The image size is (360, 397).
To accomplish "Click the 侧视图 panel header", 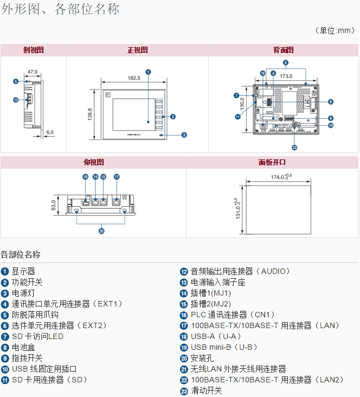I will point(33,50).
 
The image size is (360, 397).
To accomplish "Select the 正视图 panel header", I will point(137,50).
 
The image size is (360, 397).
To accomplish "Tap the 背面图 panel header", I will point(283,50).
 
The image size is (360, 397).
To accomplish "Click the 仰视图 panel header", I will point(93,162).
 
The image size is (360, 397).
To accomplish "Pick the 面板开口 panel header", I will point(272,162).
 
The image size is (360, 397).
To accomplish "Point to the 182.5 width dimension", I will point(134,78).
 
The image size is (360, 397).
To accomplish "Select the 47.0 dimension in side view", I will point(33,71).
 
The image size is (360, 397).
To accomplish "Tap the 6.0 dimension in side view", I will point(50,132).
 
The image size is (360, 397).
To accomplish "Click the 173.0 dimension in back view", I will point(287,76).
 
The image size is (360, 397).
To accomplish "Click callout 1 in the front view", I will point(148,72).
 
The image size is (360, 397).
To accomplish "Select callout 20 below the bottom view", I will point(101,230).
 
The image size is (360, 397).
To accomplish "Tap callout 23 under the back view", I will point(294,147).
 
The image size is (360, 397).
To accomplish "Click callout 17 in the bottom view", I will point(117,177).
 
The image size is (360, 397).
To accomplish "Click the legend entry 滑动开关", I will point(206,390).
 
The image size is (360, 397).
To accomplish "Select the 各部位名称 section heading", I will point(21,254).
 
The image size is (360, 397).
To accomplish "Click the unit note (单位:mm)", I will point(335,30).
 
